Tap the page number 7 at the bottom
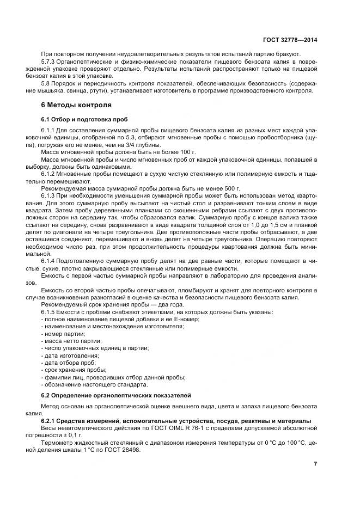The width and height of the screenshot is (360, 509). coord(315,464)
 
